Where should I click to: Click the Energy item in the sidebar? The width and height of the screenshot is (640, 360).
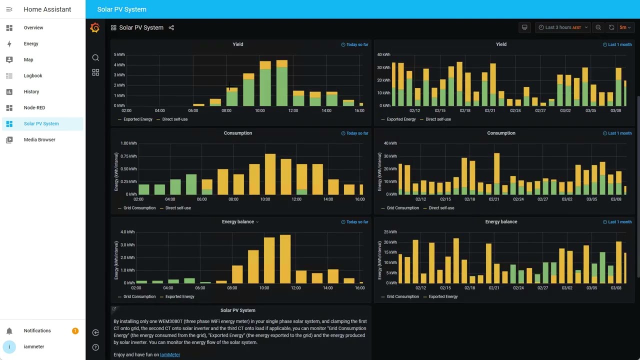31,43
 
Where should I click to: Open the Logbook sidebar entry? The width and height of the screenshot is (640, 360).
33,75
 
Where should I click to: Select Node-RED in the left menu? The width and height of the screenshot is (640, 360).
34,107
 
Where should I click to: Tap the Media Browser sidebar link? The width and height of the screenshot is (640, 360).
39,139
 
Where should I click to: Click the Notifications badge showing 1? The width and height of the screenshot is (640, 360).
75,330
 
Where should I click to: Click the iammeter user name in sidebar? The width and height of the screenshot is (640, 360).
34,346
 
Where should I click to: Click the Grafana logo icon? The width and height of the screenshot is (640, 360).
95,28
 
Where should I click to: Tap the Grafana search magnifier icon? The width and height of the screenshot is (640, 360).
95,58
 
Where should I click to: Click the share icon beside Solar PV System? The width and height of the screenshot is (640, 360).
171,27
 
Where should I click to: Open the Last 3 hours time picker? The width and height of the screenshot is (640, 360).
562,27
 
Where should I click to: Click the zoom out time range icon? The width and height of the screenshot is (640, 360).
598,27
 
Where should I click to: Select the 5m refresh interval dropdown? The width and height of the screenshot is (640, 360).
625,27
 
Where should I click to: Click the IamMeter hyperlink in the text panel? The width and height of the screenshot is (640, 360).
170,354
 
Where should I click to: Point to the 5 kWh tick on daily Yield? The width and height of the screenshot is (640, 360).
119,54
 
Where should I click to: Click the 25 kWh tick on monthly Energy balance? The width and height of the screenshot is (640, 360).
390,232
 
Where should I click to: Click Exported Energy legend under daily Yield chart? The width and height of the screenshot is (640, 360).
137,119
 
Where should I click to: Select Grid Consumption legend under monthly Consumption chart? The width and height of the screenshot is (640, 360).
402,208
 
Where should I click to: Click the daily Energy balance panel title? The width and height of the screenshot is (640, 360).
237,221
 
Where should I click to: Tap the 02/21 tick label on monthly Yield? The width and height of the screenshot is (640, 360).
490,110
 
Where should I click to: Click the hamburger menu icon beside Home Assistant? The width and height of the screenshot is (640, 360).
9,9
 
